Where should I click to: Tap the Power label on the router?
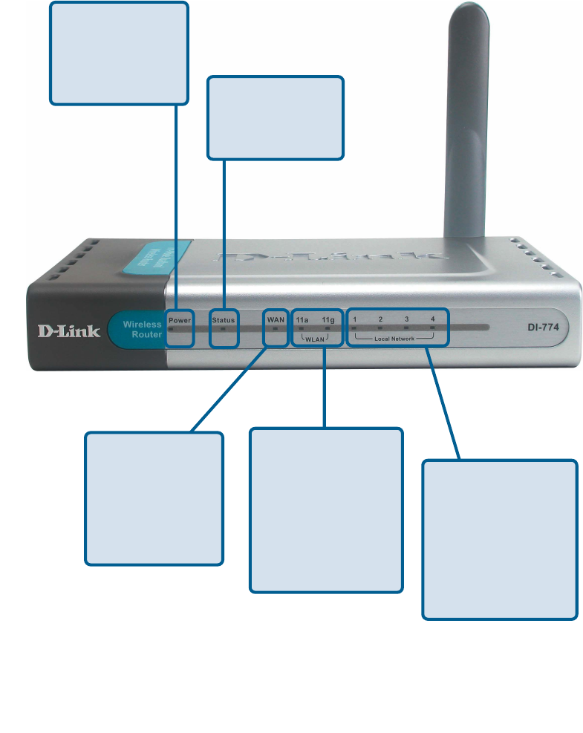click(x=180, y=320)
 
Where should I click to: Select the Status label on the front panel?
click(x=223, y=320)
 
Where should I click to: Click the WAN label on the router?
click(x=276, y=319)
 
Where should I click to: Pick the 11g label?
click(x=328, y=320)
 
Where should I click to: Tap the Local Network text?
click(x=394, y=338)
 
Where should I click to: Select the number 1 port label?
click(x=355, y=319)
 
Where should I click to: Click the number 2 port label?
click(x=380, y=319)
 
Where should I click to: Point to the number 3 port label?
click(x=406, y=319)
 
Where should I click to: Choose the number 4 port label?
click(x=432, y=319)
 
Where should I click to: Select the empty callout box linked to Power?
click(x=119, y=52)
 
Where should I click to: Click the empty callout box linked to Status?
click(x=276, y=117)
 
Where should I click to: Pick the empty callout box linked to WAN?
click(x=154, y=498)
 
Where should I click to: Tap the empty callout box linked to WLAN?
click(x=326, y=509)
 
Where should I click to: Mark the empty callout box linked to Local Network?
click(x=500, y=539)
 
